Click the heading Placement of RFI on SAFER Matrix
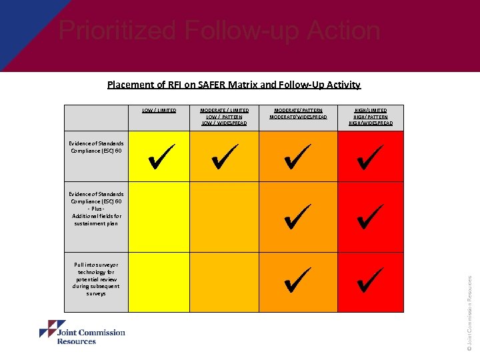pos(234,85)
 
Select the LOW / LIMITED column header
pos(159,110)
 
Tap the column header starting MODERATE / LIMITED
pos(225,117)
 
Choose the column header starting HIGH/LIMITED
pos(371,117)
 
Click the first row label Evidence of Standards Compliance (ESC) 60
pos(96,147)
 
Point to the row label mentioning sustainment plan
pos(97,209)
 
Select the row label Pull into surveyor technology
pos(97,279)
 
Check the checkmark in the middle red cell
pos(370,217)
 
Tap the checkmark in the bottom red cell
pos(370,279)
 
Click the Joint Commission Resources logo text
pos(91,337)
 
